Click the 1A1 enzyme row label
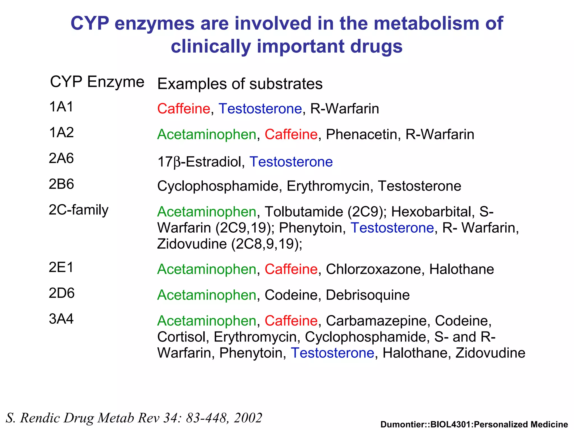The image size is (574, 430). click(61, 107)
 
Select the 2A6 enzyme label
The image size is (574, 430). click(61, 158)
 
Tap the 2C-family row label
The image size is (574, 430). click(78, 210)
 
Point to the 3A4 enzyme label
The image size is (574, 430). click(61, 319)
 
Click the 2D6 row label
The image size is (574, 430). click(62, 293)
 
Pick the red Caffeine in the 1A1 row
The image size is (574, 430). click(184, 109)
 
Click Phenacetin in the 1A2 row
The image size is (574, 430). click(361, 134)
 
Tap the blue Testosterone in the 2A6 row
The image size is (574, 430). click(291, 162)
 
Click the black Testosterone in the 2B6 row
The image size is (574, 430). click(419, 186)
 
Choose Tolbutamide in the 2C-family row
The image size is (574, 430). click(304, 212)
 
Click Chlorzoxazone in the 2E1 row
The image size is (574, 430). click(373, 269)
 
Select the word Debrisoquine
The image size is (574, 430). click(368, 295)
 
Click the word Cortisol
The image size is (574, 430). click(182, 337)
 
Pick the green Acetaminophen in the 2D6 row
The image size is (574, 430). click(207, 295)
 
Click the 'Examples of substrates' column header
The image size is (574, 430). click(240, 84)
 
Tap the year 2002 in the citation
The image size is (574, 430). click(248, 418)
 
